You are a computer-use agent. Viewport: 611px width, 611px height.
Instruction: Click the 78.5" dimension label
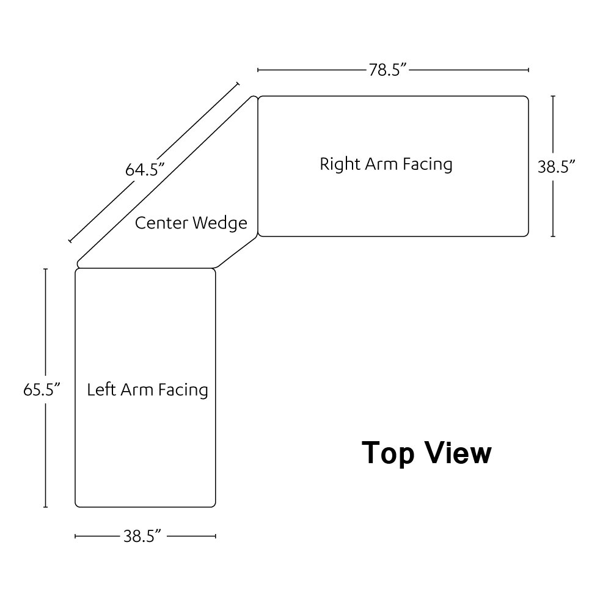click(387, 70)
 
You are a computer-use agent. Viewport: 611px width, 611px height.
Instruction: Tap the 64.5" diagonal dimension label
click(146, 169)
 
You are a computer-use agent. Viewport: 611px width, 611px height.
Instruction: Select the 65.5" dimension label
click(41, 389)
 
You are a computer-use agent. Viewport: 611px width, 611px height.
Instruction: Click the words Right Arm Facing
click(386, 164)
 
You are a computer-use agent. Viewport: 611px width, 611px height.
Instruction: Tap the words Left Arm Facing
click(147, 389)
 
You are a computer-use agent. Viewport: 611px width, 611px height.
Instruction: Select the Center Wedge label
click(191, 222)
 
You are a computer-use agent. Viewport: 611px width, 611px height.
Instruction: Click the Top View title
click(426, 453)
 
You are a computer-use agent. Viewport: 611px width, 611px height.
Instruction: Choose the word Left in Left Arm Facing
click(101, 389)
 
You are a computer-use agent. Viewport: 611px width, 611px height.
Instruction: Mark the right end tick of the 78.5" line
click(528, 70)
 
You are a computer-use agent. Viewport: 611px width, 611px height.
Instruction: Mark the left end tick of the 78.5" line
click(258, 70)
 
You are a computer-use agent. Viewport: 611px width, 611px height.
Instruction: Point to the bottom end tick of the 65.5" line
click(45, 507)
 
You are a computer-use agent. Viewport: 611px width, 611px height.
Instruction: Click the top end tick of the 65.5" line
click(45, 268)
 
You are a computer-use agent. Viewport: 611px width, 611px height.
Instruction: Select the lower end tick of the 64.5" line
click(70, 242)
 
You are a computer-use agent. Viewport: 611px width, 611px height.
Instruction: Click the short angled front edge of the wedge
click(237, 252)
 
